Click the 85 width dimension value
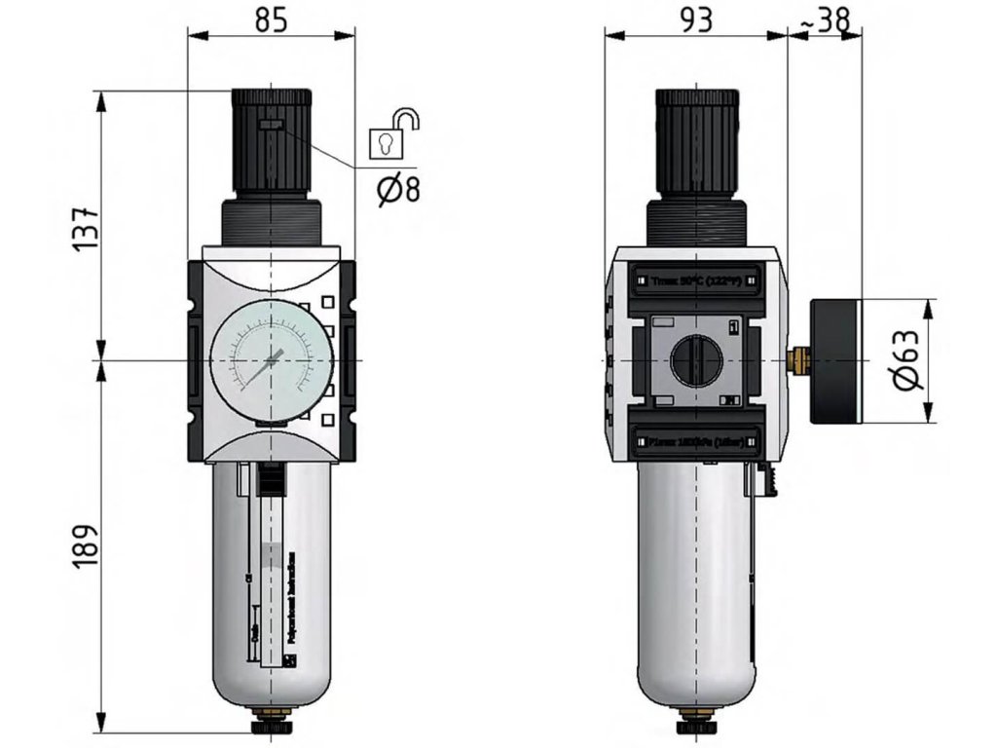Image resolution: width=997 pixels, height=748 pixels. click(272, 19)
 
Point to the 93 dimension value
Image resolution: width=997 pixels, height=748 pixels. click(695, 19)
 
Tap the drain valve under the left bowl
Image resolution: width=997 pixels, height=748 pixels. click(270, 726)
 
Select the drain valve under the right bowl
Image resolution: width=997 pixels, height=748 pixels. click(694, 726)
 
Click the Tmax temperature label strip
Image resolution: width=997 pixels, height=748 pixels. click(695, 280)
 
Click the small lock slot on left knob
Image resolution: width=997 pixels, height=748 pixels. click(272, 125)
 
